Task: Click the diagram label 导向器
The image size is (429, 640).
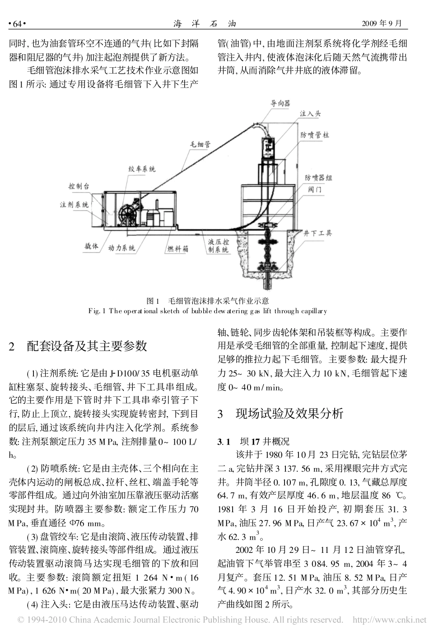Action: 280,103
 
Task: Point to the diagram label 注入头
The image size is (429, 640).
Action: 310,114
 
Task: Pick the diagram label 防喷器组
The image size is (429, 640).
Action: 318,178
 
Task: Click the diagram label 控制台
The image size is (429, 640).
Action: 78,186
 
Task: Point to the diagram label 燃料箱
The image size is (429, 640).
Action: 178,249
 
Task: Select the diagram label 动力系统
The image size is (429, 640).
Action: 122,248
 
